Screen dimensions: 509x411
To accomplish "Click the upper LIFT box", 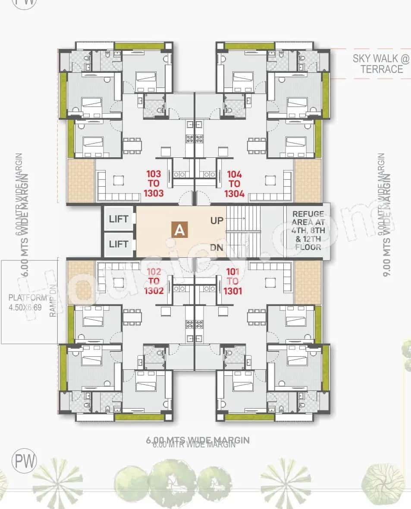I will [119, 219].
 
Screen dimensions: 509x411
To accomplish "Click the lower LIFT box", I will [119, 244].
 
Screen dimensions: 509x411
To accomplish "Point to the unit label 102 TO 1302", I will [154, 281].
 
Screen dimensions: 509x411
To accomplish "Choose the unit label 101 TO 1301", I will [232, 281].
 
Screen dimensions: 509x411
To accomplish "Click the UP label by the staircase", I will [217, 221].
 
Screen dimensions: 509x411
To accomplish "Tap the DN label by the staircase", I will [217, 247].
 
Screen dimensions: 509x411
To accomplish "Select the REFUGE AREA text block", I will [308, 231].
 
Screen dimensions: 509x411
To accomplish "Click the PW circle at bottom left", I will [25, 460].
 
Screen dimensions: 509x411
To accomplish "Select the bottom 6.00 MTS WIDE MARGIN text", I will [198, 440].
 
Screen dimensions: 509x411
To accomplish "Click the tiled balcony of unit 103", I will [81, 181].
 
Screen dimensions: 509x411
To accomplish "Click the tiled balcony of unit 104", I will [308, 181].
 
